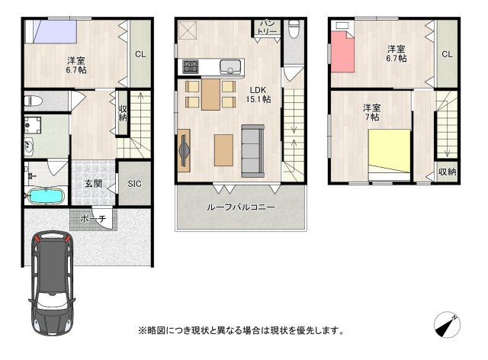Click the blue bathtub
tap(46, 196)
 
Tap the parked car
tap(53, 283)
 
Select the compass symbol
tap(448, 324)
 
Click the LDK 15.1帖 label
tap(258, 95)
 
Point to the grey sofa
tap(252, 151)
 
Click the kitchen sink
tap(230, 66)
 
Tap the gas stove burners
tap(191, 66)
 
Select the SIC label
tap(134, 184)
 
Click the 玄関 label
tap(93, 184)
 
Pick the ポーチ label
tap(93, 219)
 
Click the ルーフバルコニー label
tap(241, 207)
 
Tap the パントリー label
tap(267, 27)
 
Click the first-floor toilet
tap(34, 101)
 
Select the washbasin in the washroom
tap(29, 146)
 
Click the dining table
tap(210, 95)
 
